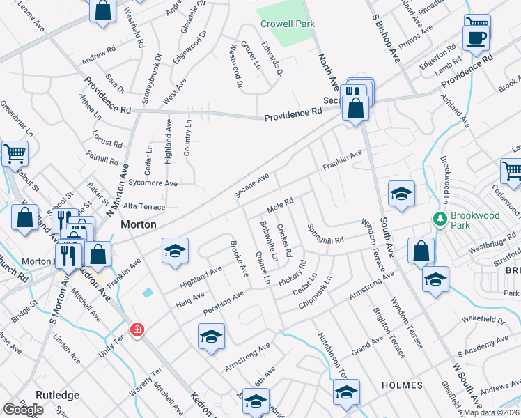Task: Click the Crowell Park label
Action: coord(288,24)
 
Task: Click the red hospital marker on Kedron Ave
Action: coord(137,329)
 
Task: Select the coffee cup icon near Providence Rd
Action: coord(475,38)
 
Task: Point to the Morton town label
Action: coord(139,225)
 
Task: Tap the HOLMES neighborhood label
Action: coord(402,385)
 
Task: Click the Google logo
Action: coord(23,409)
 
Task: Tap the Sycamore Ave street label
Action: coord(153,183)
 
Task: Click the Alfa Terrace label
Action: coord(143,207)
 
